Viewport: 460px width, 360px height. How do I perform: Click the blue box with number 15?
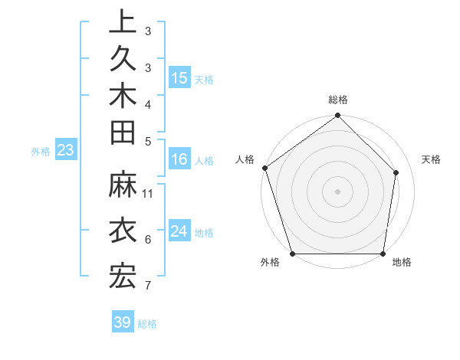pos(179,78)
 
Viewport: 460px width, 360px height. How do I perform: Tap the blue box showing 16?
pos(179,160)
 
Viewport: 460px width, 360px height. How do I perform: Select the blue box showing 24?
pos(179,231)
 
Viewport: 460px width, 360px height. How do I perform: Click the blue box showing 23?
pos(65,150)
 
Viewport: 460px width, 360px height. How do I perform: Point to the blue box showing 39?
pos(123,322)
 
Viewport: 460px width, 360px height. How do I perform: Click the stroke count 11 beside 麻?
pos(149,193)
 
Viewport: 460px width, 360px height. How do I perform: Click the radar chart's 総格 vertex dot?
pos(338,116)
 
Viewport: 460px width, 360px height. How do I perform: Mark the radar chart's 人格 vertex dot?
pos(264,168)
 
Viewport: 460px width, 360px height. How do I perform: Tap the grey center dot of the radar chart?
pos(338,191)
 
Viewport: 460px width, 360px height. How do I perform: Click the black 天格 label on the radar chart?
pos(431,159)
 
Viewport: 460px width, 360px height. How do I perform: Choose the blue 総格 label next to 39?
pos(147,324)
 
